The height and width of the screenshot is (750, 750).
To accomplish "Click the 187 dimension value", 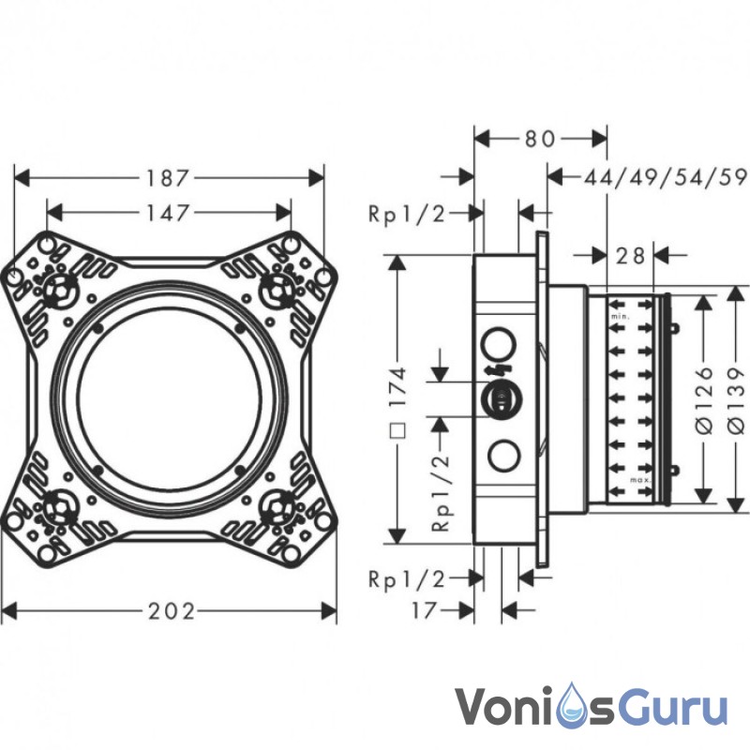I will pyautogui.click(x=171, y=176).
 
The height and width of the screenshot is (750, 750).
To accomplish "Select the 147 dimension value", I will pyautogui.click(x=171, y=212).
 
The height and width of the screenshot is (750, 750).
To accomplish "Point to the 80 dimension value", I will pyautogui.click(x=539, y=139).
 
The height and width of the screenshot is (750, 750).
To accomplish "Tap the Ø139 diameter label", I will pyautogui.click(x=739, y=398).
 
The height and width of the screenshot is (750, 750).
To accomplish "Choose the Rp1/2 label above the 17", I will pyautogui.click(x=407, y=577).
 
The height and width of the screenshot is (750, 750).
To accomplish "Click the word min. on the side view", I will pyautogui.click(x=620, y=319).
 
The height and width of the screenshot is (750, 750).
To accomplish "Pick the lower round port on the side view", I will pyautogui.click(x=503, y=455).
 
